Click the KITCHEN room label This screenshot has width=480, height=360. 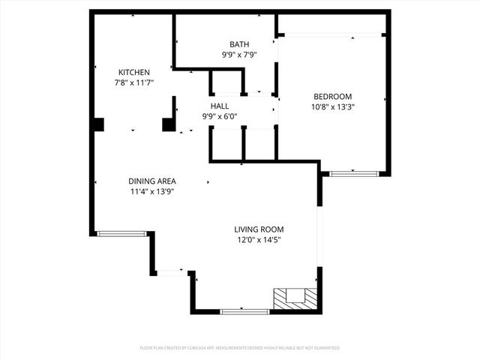click(x=123, y=72)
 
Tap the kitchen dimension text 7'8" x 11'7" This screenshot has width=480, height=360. click(x=123, y=82)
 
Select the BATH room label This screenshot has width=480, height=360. click(x=240, y=44)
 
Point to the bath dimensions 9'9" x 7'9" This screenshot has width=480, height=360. click(x=240, y=55)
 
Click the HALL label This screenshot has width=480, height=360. click(x=220, y=106)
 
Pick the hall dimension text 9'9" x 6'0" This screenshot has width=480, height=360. click(x=220, y=116)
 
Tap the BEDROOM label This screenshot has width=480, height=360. click(x=333, y=96)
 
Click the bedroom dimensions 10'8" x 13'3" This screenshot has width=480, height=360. click(x=333, y=106)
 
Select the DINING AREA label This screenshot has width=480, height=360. click(x=152, y=181)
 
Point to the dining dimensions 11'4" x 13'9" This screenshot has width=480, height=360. click(x=152, y=191)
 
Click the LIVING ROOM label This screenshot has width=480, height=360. click(x=259, y=229)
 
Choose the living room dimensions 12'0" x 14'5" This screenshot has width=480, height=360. click(x=259, y=240)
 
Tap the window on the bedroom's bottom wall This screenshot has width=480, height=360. click(x=354, y=174)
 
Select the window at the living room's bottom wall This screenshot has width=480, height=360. click(x=244, y=311)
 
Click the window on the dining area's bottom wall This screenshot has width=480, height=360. click(x=122, y=234)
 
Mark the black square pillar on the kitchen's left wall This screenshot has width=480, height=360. click(x=98, y=124)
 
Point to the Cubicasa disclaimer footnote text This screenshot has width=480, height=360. click(x=240, y=348)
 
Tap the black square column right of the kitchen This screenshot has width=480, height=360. click(x=169, y=124)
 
